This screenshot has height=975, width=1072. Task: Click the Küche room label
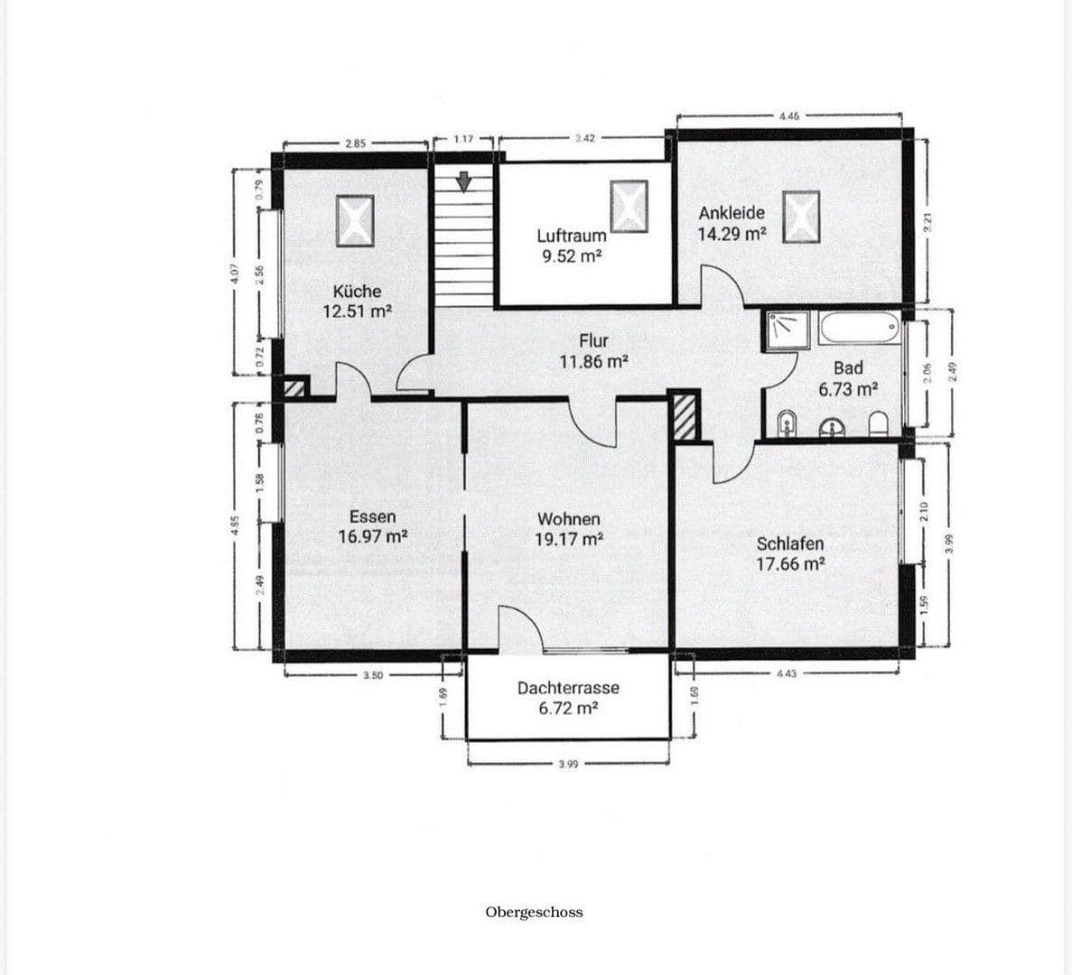pos(357,292)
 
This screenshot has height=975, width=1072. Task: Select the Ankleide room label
pos(732,213)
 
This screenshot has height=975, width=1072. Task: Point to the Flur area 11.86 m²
pos(593,362)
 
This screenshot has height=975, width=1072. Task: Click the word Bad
pos(848,368)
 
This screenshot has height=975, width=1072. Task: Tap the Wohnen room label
pos(568,519)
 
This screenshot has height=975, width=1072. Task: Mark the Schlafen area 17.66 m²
pos(790,564)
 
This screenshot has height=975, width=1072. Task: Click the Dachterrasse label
pos(568,688)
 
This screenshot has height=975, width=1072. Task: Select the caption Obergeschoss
pos(534,912)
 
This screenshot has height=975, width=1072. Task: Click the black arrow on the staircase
pos(464,181)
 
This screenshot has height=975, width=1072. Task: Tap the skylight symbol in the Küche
pos(356,220)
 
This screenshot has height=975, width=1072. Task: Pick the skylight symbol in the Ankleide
pos(801,217)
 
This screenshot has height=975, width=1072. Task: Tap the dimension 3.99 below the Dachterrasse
pos(568,764)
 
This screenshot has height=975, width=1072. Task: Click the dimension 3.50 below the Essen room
pos(371,674)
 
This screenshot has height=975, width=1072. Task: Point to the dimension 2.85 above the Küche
pos(355,143)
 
